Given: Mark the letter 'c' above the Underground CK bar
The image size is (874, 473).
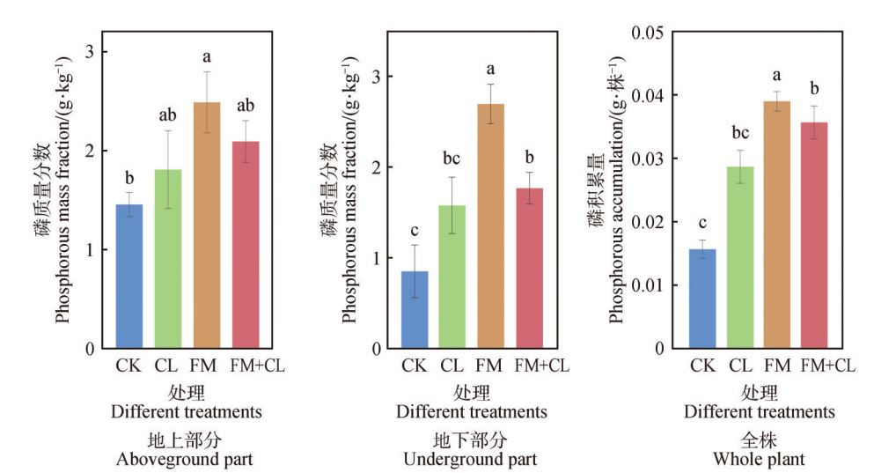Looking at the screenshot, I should [x=415, y=231].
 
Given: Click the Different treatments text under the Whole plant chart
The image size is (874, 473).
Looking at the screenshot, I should [x=760, y=411].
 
